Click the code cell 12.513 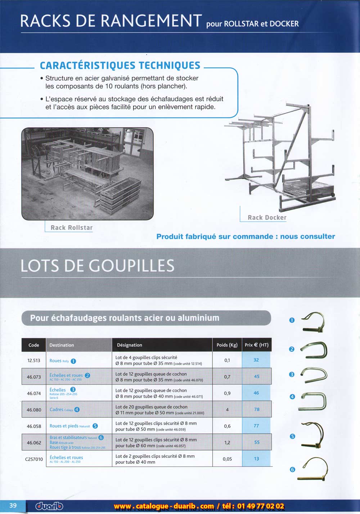pos(34,360)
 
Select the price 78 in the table pos(257,409)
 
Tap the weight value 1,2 pos(227,442)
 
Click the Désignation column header pos(130,345)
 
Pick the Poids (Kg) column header pos(227,345)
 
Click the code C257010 pos(34,459)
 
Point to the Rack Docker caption pos(267,218)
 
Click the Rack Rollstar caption pos(72,228)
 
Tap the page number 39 pos(13,505)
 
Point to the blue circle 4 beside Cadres pos(77,410)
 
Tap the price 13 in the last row pos(256,459)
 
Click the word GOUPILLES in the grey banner pos(131,266)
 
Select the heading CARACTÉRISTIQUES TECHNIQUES pos(120,66)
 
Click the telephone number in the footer pos(261,506)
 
